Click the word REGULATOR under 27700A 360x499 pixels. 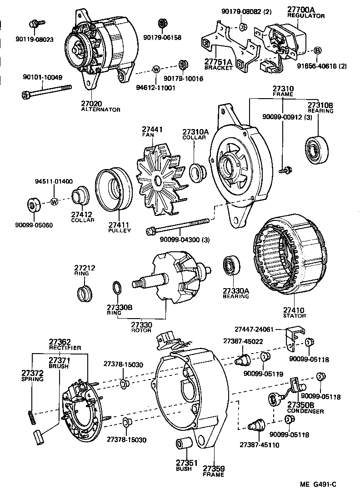pyautogui.click(x=305, y=16)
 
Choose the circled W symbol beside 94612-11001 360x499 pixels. pyautogui.click(x=156, y=69)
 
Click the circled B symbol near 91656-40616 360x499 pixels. pyautogui.click(x=318, y=50)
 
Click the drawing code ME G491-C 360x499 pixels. pyautogui.click(x=318, y=484)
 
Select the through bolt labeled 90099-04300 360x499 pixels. pyautogui.click(x=177, y=226)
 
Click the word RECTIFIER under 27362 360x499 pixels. pyautogui.click(x=65, y=348)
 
